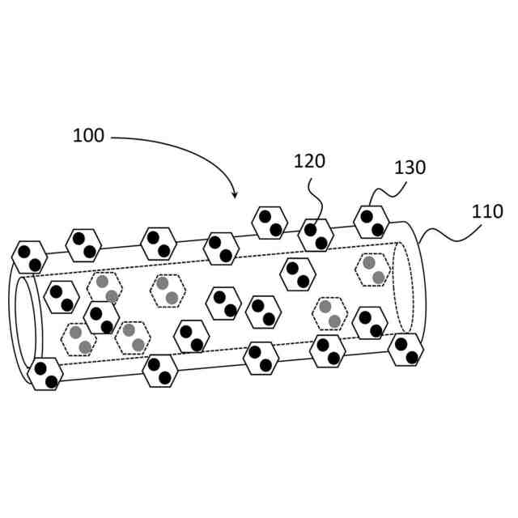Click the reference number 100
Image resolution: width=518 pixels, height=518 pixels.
[88, 136]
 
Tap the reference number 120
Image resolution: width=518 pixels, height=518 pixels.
[308, 161]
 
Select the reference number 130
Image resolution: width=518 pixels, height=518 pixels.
[410, 168]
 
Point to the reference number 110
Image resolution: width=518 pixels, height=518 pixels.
[487, 212]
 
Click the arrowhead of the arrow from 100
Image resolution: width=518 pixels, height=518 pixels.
[235, 196]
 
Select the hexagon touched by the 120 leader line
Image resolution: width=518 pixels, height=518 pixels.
[316, 236]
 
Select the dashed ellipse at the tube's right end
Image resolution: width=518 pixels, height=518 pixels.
[403, 287]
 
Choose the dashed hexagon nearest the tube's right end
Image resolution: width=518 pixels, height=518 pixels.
[373, 270]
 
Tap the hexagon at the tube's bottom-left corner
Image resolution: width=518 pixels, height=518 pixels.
[45, 374]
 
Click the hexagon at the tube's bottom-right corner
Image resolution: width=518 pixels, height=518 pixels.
[406, 349]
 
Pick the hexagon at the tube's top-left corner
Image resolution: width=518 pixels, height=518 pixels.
[30, 257]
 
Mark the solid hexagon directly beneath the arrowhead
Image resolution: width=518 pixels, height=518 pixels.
[221, 248]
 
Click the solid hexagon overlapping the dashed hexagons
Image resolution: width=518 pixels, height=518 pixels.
[101, 318]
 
